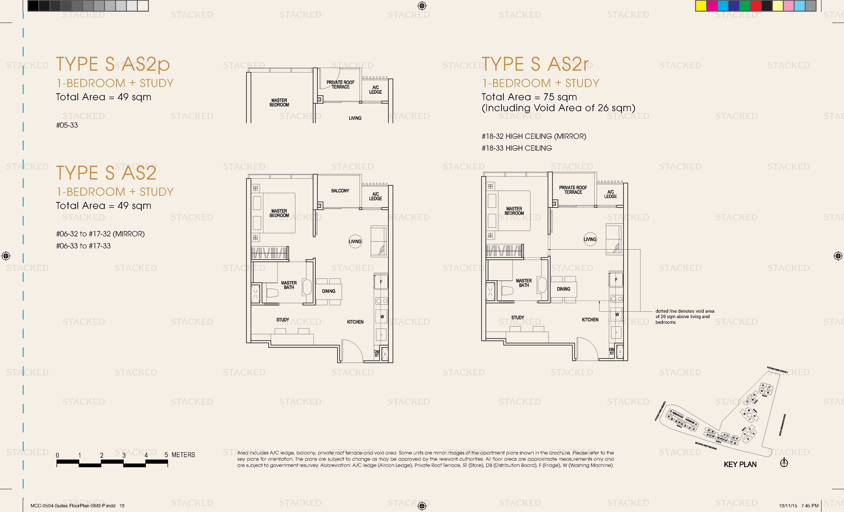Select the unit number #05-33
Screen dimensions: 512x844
click(67, 125)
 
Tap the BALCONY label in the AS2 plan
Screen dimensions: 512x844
click(340, 191)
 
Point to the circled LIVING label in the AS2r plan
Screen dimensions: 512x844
click(590, 239)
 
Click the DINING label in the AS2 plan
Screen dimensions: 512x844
click(328, 291)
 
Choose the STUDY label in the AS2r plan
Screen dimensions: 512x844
click(517, 318)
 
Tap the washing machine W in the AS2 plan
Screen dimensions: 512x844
click(382, 316)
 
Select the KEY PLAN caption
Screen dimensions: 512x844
click(740, 464)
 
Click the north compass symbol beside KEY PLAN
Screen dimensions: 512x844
click(784, 463)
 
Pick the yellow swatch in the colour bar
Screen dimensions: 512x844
click(701, 6)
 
